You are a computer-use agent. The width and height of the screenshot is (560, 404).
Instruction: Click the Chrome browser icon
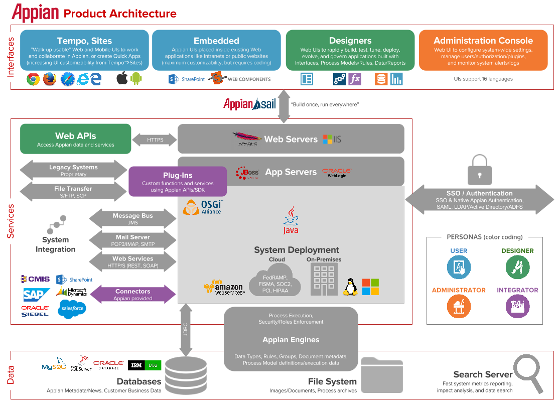click(x=33, y=79)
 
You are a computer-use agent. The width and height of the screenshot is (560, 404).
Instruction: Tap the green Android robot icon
click(x=136, y=79)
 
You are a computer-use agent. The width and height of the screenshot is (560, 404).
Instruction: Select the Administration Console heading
click(x=483, y=41)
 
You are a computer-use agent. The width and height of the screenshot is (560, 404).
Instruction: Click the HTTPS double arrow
click(x=155, y=140)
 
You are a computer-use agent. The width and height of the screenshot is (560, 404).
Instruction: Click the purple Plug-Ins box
click(x=178, y=182)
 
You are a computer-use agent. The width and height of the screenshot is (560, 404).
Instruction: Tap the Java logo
click(x=291, y=221)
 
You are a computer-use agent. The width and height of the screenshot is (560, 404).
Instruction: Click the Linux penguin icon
click(x=350, y=287)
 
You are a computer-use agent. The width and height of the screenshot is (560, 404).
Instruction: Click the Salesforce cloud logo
click(x=72, y=308)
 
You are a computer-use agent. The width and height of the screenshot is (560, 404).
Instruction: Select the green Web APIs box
click(x=75, y=139)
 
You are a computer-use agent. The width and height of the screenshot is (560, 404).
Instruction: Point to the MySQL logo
click(x=54, y=366)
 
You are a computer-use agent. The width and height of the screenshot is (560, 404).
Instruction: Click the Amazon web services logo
click(x=224, y=288)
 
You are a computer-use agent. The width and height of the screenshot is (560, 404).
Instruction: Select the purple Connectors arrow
click(x=132, y=295)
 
